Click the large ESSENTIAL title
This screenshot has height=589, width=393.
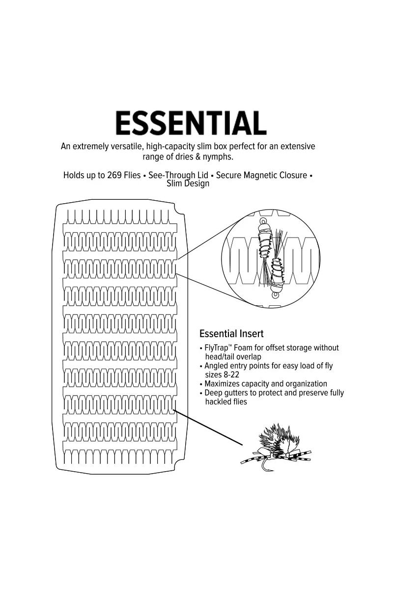click(191, 123)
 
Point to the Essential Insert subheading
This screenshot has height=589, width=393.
click(231, 333)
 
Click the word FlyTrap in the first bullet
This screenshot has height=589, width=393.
click(216, 348)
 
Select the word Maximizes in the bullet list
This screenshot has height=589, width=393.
click(222, 384)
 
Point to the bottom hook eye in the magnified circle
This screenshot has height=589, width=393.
click(275, 295)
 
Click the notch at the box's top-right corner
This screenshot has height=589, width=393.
click(179, 210)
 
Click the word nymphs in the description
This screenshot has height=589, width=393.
click(218, 157)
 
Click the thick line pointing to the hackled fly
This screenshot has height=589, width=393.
click(207, 428)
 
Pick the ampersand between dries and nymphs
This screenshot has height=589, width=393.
click(197, 157)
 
